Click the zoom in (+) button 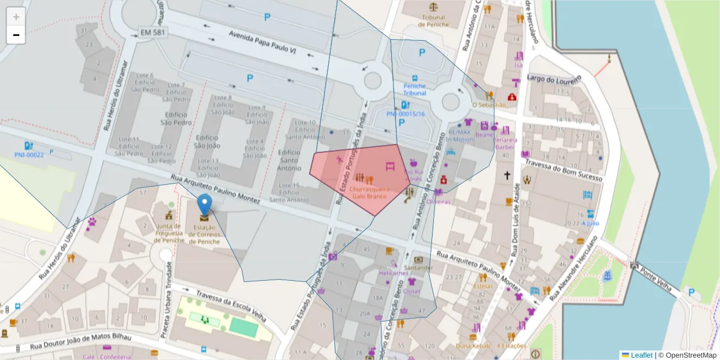pyautogui.click(x=16, y=17)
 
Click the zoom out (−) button pyautogui.click(x=16, y=35)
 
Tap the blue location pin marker pyautogui.click(x=205, y=205)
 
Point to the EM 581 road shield pyautogui.click(x=152, y=31)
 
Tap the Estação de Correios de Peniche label pyautogui.click(x=205, y=235)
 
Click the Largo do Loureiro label pyautogui.click(x=554, y=79)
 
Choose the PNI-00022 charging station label pyautogui.click(x=29, y=155)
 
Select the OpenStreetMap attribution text pyautogui.click(x=687, y=355)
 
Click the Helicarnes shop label pyautogui.click(x=394, y=272)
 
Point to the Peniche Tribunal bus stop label pyautogui.click(x=415, y=89)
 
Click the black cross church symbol pyautogui.click(x=507, y=175)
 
